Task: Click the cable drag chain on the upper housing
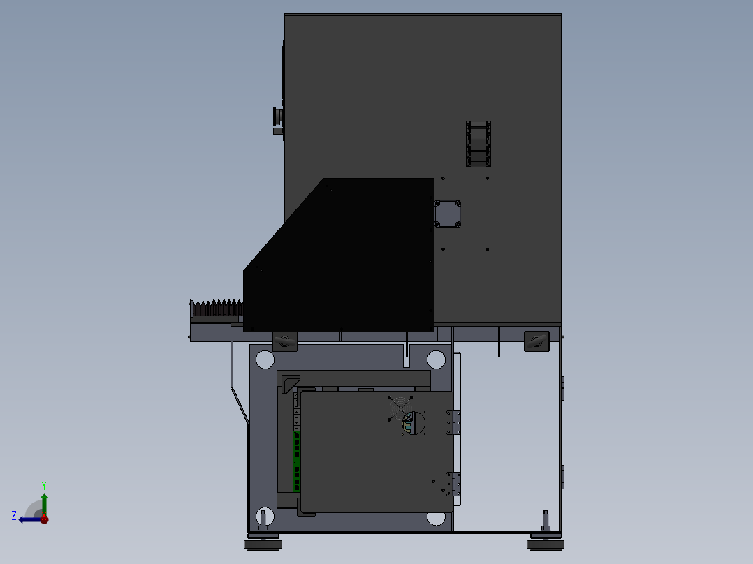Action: pyautogui.click(x=478, y=144)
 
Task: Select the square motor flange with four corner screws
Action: pyautogui.click(x=448, y=214)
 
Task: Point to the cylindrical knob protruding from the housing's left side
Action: pyautogui.click(x=277, y=119)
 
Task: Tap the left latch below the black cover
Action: pyautogui.click(x=284, y=341)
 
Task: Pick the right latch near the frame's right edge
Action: pyautogui.click(x=536, y=341)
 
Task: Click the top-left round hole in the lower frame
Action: pyautogui.click(x=265, y=359)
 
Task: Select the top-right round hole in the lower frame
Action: pyautogui.click(x=436, y=359)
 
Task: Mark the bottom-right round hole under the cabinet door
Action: pyautogui.click(x=436, y=518)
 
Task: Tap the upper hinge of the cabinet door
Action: pyautogui.click(x=454, y=422)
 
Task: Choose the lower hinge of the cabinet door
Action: pyautogui.click(x=454, y=483)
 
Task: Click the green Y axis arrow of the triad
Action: pyautogui.click(x=44, y=500)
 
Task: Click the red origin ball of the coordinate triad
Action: pyautogui.click(x=44, y=519)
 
